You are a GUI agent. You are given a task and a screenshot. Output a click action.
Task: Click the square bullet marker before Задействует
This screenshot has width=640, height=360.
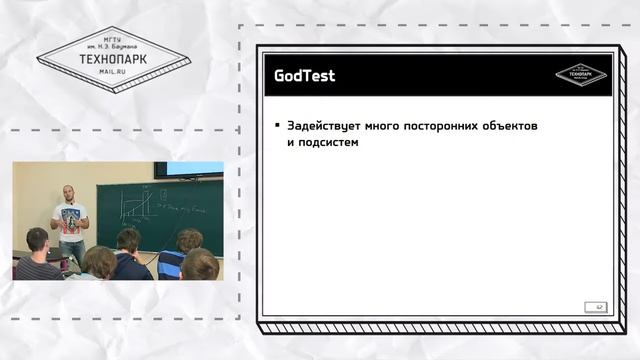(x=277, y=127)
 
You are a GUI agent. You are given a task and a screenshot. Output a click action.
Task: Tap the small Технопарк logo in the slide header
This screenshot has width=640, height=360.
(x=581, y=74)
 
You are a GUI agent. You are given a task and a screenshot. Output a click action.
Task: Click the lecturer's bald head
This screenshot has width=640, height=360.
(x=68, y=192)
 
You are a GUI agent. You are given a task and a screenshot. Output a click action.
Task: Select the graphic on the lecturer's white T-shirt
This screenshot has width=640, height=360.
(x=70, y=217)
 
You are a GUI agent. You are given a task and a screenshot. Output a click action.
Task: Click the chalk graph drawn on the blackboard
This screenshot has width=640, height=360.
(x=135, y=206)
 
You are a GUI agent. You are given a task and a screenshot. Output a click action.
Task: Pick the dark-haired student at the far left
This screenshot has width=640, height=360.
(x=37, y=254)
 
